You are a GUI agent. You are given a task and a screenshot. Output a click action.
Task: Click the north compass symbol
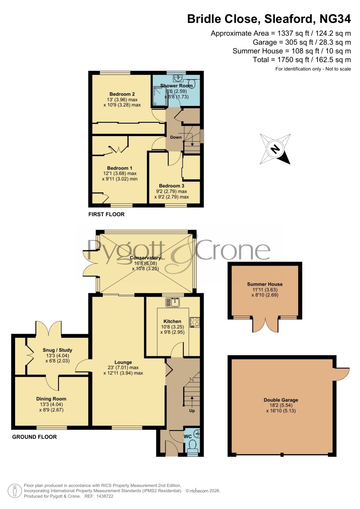point(275,149)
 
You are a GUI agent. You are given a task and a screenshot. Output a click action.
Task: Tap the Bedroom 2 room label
point(122,94)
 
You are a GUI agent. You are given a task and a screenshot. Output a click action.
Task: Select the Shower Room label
point(176,86)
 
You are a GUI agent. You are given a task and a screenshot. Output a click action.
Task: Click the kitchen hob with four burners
point(195,322)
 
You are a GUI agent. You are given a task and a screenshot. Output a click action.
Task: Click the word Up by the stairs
point(192,411)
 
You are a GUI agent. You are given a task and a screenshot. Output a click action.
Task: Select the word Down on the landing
point(176,137)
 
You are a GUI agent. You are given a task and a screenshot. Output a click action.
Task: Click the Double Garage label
point(281,400)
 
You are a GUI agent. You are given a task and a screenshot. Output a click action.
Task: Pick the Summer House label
point(265,284)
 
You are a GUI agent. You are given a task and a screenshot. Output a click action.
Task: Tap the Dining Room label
point(51,399)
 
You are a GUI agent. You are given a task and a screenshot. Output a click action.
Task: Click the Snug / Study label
point(57,350)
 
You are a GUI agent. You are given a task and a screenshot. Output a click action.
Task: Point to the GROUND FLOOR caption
point(35,437)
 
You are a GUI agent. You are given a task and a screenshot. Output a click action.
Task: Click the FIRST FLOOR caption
point(106,214)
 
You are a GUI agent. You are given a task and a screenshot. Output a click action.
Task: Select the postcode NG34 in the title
point(335,19)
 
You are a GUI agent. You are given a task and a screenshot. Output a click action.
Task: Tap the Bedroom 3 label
point(171,186)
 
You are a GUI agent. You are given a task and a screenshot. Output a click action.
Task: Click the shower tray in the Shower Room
point(160,97)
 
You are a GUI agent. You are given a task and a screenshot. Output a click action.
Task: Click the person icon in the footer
point(15,491)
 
